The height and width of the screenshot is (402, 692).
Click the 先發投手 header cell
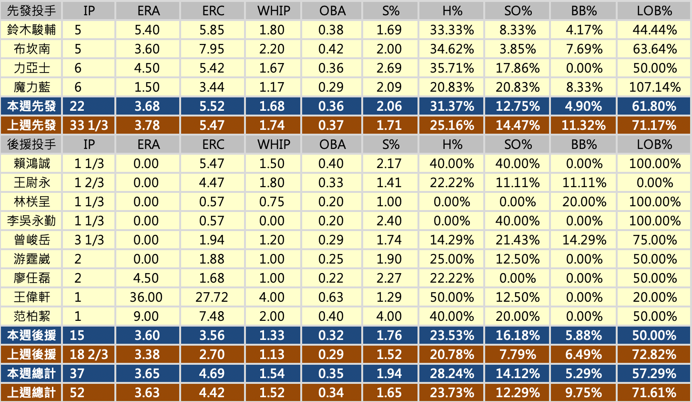pos(31,11)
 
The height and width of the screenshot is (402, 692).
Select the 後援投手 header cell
pos(31,144)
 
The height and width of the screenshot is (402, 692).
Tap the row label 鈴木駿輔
pos(31,30)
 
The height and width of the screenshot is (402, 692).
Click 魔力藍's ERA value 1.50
pos(147,87)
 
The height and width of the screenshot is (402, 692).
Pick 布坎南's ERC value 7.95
pos(212,49)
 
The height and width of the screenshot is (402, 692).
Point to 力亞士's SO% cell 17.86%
pos(518,68)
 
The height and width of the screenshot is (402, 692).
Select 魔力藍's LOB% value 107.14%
pos(655,87)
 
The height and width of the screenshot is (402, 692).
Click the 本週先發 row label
pos(31,106)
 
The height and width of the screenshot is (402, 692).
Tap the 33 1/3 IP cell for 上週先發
pos(89,125)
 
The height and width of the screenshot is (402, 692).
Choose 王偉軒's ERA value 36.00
pos(146,297)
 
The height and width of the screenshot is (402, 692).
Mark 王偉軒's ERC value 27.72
pos(212,297)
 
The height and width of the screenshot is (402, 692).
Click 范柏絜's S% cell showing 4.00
pos(389,316)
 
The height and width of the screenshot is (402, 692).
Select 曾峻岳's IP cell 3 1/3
pos(89,240)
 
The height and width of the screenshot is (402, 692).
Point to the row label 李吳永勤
pos(31,221)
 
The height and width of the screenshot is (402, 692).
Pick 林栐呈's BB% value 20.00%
pos(584,201)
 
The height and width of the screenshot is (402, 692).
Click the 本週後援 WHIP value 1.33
pos(272,335)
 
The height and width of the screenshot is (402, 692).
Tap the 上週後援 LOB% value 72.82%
pos(655,354)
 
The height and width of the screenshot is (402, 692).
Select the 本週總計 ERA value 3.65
pos(147,373)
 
